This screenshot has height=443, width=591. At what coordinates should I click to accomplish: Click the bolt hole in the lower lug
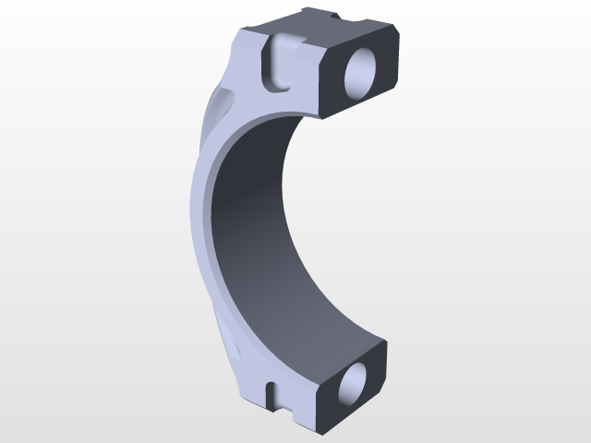[352, 386]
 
